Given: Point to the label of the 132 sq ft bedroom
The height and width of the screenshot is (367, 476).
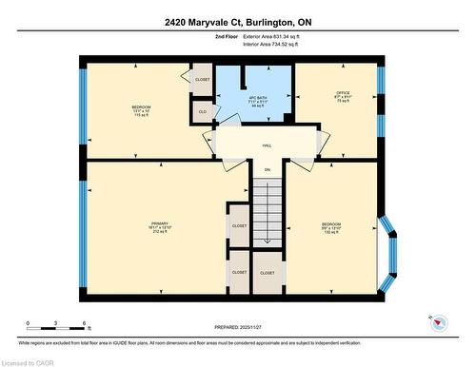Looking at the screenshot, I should pos(331,227).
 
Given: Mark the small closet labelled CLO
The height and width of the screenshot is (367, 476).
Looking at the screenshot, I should pos(202,112).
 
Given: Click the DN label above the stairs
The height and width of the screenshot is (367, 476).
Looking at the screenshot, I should pos(268,169).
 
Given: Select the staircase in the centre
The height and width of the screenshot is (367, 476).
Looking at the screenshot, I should pos(268,214).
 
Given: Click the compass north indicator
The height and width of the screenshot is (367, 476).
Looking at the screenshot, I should pos(438,321).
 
